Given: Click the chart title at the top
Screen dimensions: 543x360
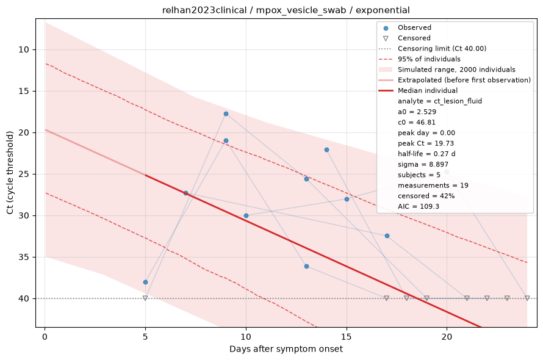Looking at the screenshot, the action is [x=286, y=10].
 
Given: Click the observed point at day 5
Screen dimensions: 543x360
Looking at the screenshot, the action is [x=145, y=282].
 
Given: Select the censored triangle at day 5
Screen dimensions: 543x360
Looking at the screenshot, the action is [x=145, y=298].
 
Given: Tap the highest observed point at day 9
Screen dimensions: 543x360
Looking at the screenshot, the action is [x=226, y=113].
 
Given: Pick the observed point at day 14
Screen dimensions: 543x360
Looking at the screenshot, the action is [x=326, y=149].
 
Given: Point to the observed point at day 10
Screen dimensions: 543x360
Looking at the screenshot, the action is [x=246, y=215].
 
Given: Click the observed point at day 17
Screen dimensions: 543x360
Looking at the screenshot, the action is [x=387, y=236].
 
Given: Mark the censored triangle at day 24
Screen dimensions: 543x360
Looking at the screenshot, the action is [x=527, y=298].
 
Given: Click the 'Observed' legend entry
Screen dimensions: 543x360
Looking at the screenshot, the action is [x=414, y=27].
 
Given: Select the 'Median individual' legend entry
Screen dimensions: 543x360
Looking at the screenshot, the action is [x=427, y=90].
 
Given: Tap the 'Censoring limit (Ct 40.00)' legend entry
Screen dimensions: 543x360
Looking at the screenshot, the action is [x=442, y=48].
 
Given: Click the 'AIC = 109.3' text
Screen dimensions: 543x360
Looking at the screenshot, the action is [x=419, y=206].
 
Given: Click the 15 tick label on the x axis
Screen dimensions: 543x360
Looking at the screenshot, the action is [x=347, y=336].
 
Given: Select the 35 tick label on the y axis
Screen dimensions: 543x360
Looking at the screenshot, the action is [x=23, y=257].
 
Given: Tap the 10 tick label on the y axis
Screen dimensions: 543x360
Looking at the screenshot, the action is [x=23, y=49].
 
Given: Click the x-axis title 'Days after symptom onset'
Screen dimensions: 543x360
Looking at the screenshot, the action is [x=286, y=348].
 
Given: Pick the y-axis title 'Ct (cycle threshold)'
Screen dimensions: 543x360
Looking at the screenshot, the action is [x=10, y=173].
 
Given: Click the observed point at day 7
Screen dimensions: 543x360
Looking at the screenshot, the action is [x=185, y=193].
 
